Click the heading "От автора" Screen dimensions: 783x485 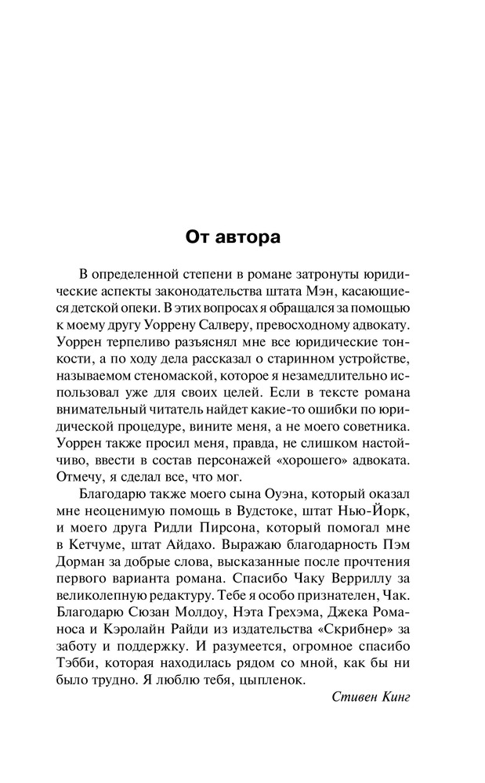click(x=232, y=236)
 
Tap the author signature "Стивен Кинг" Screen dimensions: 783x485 click(x=371, y=697)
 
